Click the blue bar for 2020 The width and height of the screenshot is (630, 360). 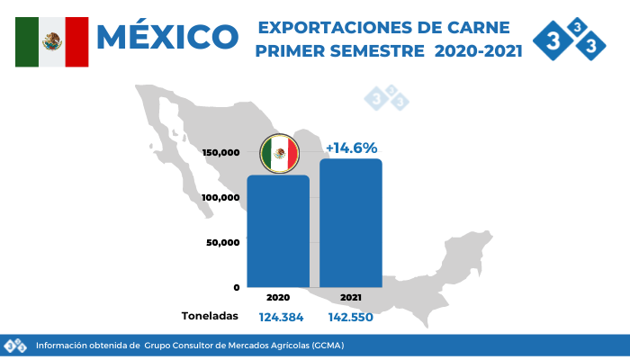pyautogui.click(x=278, y=231)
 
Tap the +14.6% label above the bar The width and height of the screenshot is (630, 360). pyautogui.click(x=351, y=148)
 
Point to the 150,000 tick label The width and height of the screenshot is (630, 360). pyautogui.click(x=221, y=153)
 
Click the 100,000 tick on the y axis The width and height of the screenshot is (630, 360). pyautogui.click(x=221, y=197)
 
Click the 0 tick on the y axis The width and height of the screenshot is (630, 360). pyautogui.click(x=237, y=287)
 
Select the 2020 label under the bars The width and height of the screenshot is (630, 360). pyautogui.click(x=278, y=297)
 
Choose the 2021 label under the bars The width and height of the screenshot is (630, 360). pyautogui.click(x=351, y=297)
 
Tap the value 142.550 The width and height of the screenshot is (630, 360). pyautogui.click(x=351, y=317)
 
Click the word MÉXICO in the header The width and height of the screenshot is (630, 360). pyautogui.click(x=167, y=37)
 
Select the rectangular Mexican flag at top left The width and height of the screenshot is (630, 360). pyautogui.click(x=52, y=41)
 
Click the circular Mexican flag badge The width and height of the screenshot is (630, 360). pyautogui.click(x=279, y=154)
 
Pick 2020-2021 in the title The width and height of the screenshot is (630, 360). pyautogui.click(x=478, y=52)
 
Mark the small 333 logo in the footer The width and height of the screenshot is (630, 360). pyautogui.click(x=15, y=346)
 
